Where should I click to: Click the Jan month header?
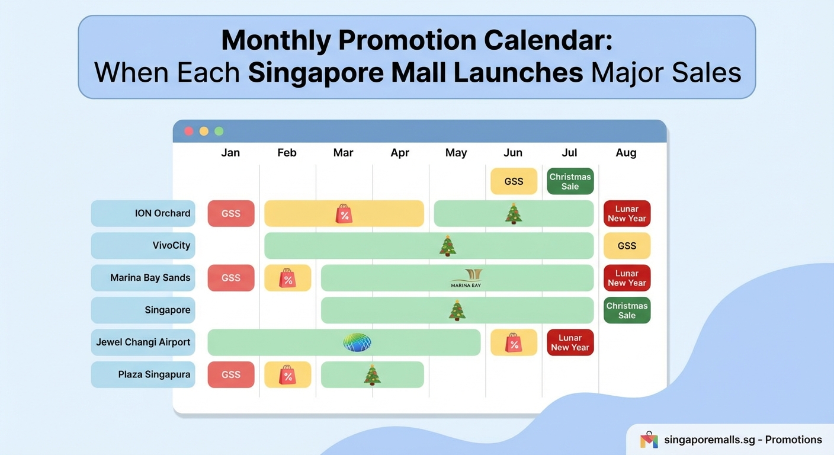coord(230,153)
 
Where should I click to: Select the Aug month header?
coord(625,153)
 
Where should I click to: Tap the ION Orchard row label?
coord(143,213)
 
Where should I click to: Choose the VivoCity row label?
coord(143,245)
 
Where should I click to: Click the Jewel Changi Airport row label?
coord(143,342)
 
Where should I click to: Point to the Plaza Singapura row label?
coord(143,374)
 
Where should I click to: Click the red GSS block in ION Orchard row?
coord(231,213)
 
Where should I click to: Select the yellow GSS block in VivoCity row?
coord(627,246)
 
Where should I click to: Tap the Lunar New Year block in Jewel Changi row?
coord(570,342)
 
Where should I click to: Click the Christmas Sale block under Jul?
coord(570,181)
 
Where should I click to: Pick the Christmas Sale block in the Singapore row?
coord(627,310)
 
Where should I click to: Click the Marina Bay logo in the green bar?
coord(466,278)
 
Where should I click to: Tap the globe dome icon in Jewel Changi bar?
coord(357,342)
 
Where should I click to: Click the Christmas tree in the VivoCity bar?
coord(448,245)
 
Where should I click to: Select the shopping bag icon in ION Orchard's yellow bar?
coord(344,213)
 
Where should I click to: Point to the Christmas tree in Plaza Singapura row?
coord(372,374)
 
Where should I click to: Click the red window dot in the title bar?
coord(189,131)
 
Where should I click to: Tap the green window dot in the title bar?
coord(219,131)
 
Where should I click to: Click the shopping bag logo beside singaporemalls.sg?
coord(649,440)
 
